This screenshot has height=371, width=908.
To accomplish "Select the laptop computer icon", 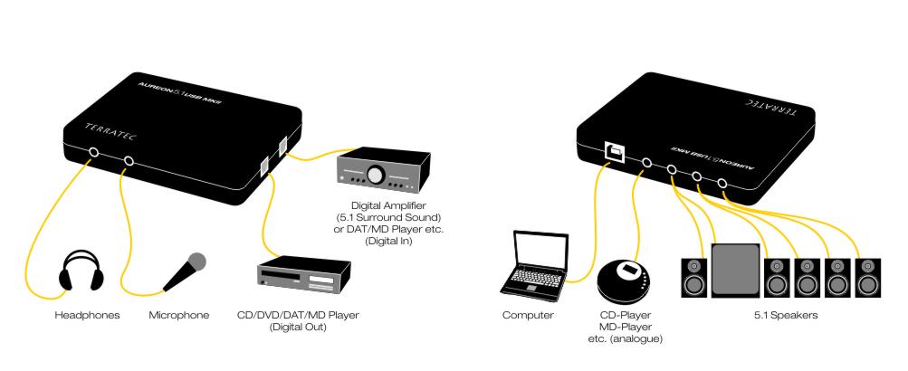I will coord(537,262).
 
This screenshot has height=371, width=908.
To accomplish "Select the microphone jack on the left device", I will coord(129,162).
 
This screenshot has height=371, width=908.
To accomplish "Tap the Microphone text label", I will coord(179,316).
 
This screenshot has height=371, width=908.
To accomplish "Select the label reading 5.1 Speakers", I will coord(779,316).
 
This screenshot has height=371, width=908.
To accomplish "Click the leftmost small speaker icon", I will coord(694,278).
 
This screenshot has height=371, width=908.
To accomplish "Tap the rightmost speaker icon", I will coord(866,278).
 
